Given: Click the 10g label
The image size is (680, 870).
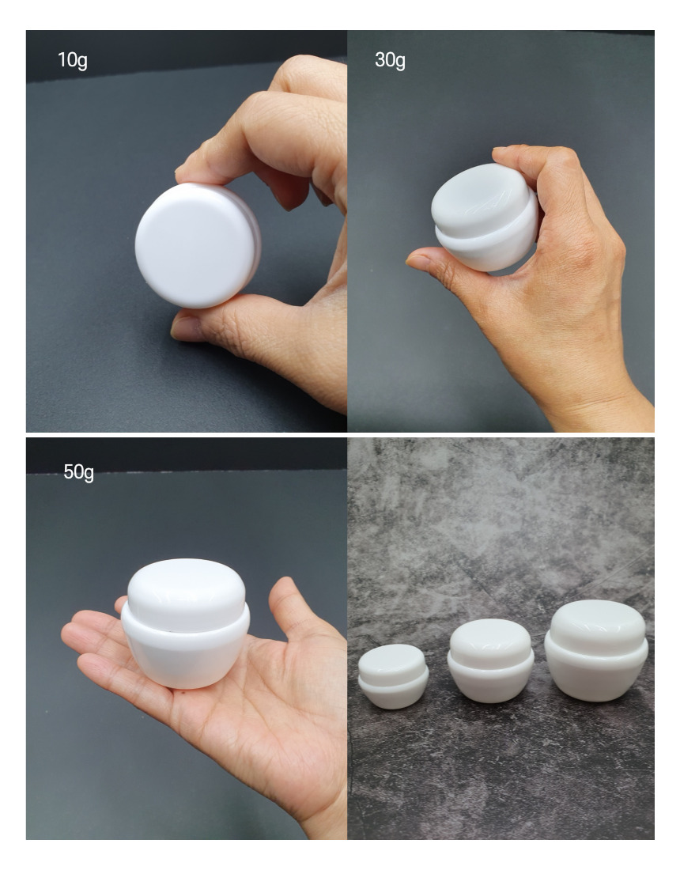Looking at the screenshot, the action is click(73, 60).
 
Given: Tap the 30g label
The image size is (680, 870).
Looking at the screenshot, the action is click(390, 60).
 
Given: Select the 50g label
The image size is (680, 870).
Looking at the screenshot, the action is click(79, 472).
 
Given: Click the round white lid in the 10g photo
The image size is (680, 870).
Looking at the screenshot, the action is click(198, 246).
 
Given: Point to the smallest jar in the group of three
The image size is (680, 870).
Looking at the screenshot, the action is click(393, 675).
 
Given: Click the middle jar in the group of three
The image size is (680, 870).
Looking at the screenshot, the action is click(491, 661).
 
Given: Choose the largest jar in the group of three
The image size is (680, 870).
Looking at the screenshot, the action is click(596, 650).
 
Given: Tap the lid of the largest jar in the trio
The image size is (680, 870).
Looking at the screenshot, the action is click(597, 627).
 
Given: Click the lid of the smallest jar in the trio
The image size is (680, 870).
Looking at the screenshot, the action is click(392, 660).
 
